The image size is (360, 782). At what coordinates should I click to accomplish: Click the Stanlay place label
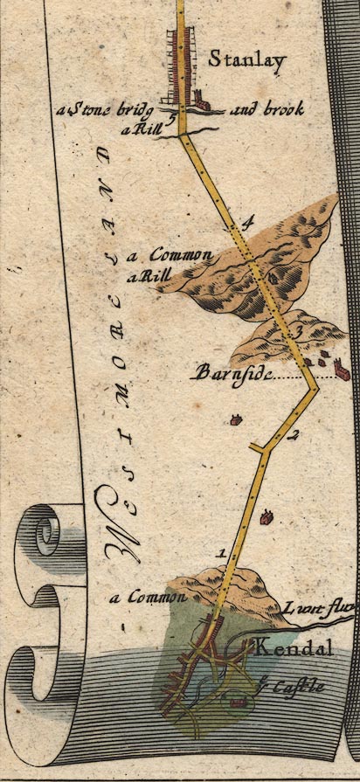235,60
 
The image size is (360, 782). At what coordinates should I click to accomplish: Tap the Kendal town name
283,649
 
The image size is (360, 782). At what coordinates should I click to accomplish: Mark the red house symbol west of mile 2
234,420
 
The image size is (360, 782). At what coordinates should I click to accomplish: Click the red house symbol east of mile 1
267,517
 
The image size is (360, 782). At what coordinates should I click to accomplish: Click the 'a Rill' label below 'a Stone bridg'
139,128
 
